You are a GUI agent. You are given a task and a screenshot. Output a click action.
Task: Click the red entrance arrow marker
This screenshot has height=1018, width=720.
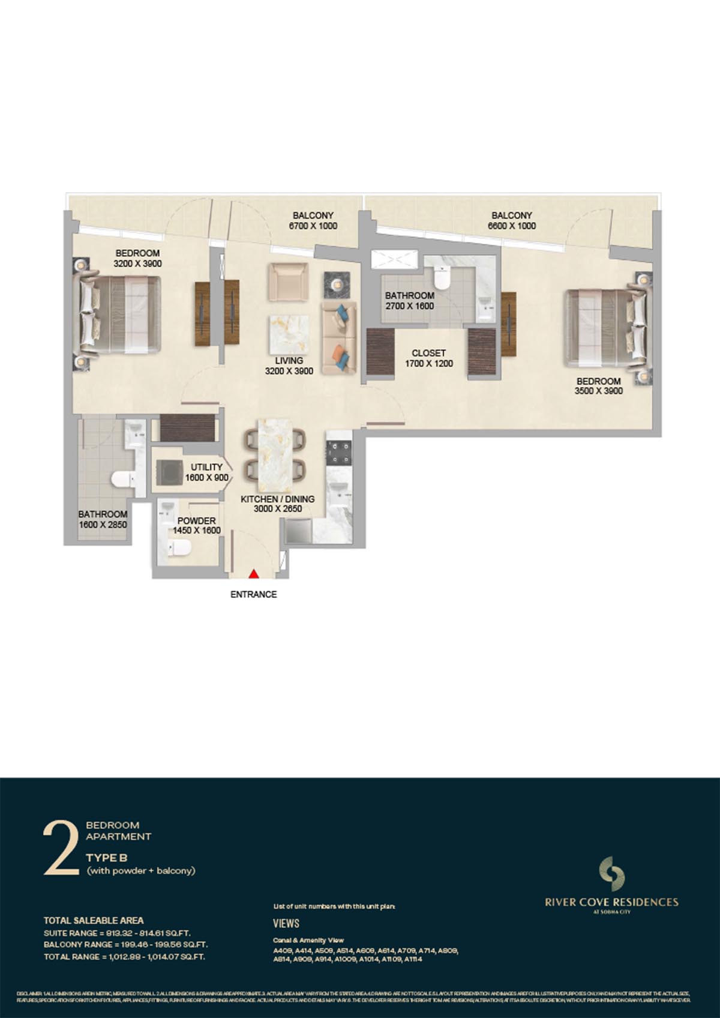pyautogui.click(x=254, y=573)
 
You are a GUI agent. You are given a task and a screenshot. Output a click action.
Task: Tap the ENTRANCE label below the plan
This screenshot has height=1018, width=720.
pyautogui.click(x=254, y=594)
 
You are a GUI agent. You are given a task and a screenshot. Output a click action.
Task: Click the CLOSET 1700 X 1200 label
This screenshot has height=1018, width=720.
pyautogui.click(x=428, y=358)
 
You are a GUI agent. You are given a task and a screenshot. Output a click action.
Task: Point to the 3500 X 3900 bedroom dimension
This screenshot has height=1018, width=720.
pyautogui.click(x=598, y=391)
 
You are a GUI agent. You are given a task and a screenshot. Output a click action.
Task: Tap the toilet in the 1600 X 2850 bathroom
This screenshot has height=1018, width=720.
pyautogui.click(x=123, y=479)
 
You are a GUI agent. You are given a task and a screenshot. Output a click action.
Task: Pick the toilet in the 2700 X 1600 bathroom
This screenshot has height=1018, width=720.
pyautogui.click(x=441, y=279)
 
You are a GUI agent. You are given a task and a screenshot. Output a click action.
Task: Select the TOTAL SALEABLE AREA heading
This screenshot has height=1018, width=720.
pyautogui.click(x=94, y=920)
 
